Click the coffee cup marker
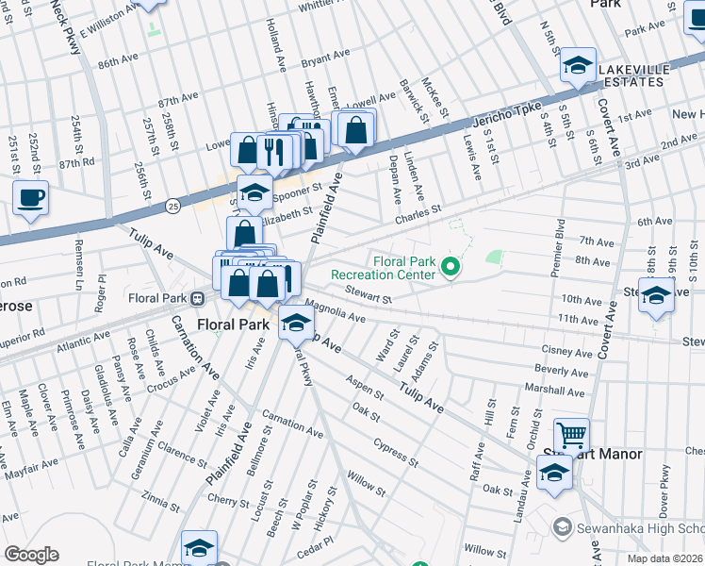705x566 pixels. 31,198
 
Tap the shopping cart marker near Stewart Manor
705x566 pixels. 571,436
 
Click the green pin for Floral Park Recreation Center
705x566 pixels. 451,269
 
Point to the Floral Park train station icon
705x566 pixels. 198,299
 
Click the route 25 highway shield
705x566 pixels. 172,204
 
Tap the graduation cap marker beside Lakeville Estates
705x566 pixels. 578,66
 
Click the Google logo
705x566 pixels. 31,555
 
